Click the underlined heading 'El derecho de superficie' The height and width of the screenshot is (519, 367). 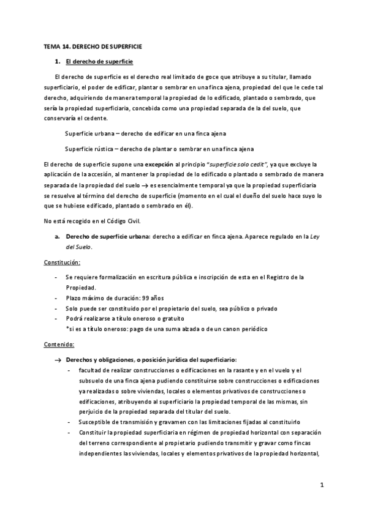[99, 62]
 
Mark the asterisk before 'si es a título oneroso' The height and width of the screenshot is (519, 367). [67, 329]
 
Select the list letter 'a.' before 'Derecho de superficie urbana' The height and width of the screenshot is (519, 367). [57, 235]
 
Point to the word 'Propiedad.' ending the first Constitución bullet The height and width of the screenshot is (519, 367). [80, 287]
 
